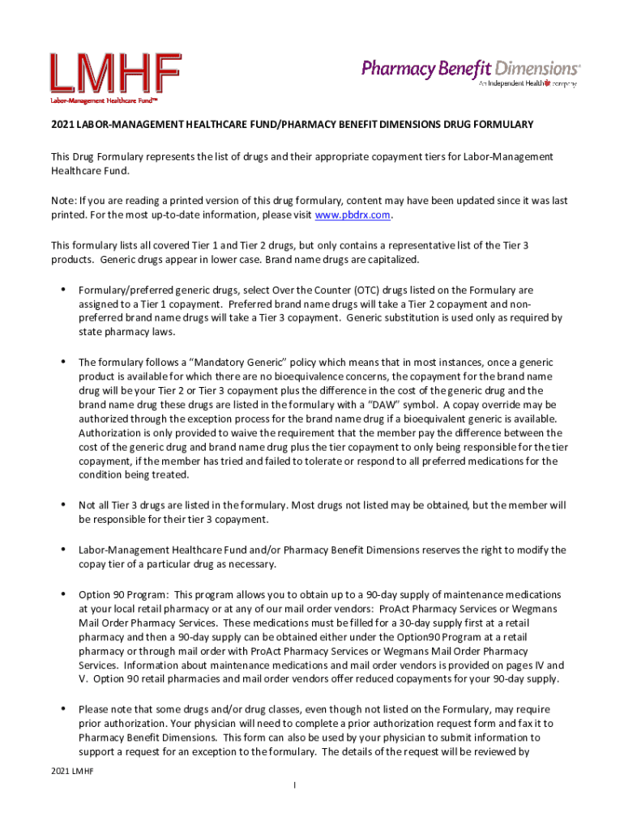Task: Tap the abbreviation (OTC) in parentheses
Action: [330, 289]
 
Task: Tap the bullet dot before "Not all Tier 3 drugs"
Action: [63, 505]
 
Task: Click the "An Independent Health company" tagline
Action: [527, 83]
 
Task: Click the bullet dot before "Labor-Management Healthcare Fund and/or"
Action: [63, 550]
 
